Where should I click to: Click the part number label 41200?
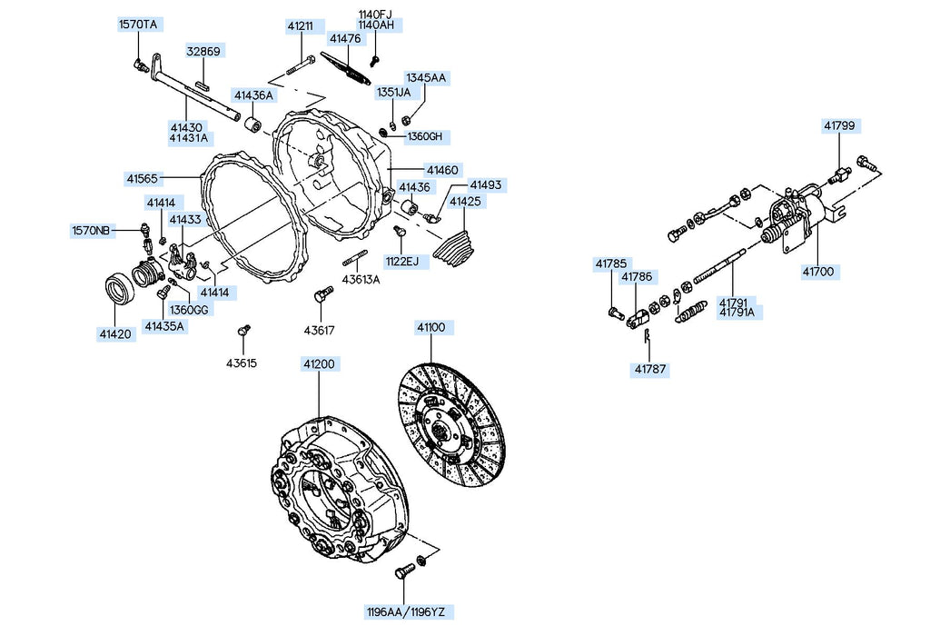tap(319, 363)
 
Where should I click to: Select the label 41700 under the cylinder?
tap(820, 271)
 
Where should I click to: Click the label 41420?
tap(116, 333)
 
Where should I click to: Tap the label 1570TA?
tap(138, 25)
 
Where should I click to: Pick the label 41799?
tap(840, 125)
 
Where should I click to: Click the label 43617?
tap(319, 330)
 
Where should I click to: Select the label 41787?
tap(650, 369)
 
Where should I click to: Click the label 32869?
tap(203, 52)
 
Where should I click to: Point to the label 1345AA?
tap(425, 78)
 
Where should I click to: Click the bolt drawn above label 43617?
tap(319, 295)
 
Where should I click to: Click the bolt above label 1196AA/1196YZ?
tap(404, 573)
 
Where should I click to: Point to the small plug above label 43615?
tap(242, 329)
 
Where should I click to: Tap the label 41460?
tap(443, 170)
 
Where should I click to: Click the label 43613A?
tap(361, 279)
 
